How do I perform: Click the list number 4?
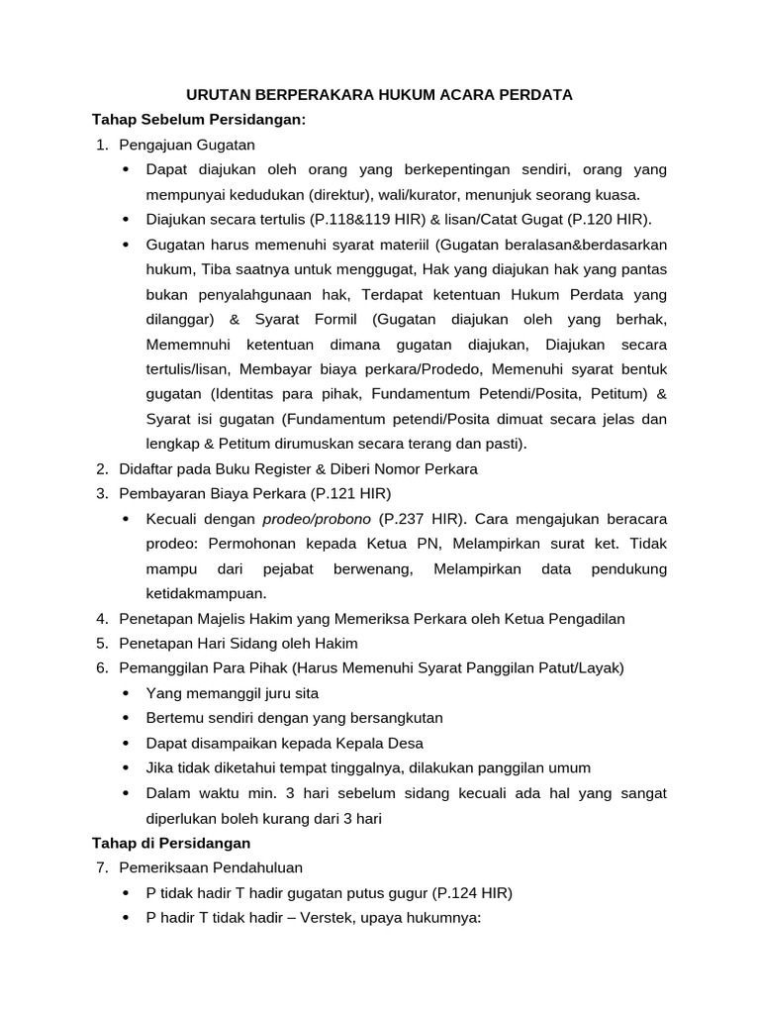coord(102,619)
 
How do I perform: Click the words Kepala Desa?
coord(381,743)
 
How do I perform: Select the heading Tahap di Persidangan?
coord(171,843)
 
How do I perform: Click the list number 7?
coord(102,867)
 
